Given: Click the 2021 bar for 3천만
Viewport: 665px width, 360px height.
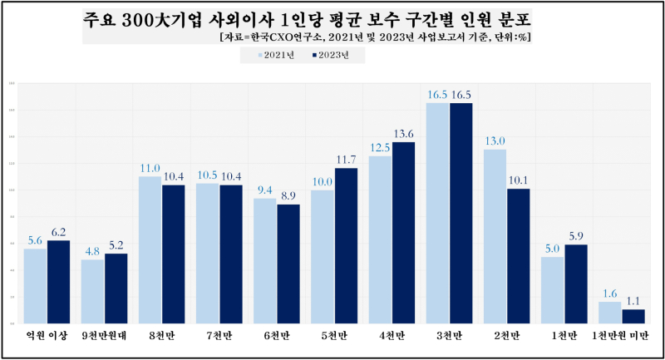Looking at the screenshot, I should tap(438, 213).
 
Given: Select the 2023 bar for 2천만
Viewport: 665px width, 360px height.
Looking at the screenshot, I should tap(518, 256).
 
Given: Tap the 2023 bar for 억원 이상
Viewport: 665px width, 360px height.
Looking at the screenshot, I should tap(58, 281).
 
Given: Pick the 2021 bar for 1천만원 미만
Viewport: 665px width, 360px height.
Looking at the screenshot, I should tap(609, 313).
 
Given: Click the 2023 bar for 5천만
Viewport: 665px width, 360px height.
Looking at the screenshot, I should tap(346, 245).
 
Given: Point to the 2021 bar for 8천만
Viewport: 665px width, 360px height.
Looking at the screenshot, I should tap(150, 249).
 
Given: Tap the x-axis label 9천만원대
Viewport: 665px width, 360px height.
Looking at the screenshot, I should tap(104, 336).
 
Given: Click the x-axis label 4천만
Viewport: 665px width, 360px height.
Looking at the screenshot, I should tap(392, 336).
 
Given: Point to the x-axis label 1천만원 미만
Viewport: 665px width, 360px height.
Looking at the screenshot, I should tap(621, 336).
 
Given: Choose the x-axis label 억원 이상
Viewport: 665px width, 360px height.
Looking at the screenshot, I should tap(47, 336).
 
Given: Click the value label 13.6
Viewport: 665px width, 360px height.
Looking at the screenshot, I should tap(403, 134).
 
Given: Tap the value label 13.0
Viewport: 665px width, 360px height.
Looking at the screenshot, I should tap(495, 141).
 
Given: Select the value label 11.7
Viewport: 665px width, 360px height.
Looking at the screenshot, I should tap(346, 160).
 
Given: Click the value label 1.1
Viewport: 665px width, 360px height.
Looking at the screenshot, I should tap(633, 301).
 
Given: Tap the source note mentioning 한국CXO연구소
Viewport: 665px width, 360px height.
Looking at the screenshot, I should tap(374, 37).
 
